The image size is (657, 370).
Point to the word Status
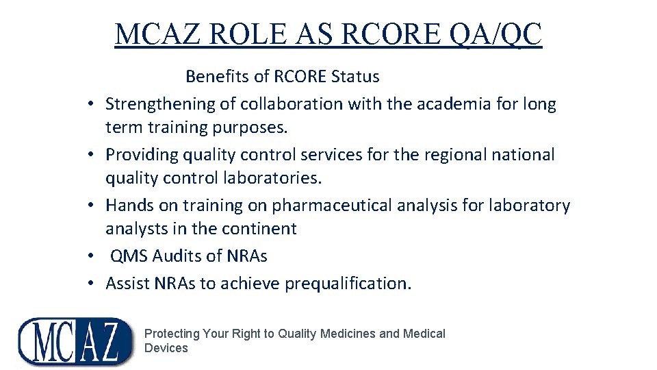[x=355, y=76]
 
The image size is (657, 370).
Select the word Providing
[x=142, y=155]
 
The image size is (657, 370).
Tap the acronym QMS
[x=129, y=256]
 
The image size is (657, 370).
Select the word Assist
[x=127, y=284]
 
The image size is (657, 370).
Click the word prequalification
[x=348, y=284]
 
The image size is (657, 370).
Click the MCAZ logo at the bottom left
[x=75, y=341]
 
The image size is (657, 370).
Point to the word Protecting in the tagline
[x=172, y=334]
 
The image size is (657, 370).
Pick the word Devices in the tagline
[x=166, y=348]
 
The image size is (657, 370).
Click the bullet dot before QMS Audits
[x=90, y=257]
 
